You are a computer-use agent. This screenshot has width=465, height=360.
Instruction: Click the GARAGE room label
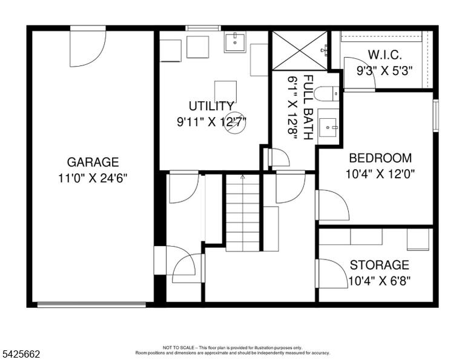[93, 162]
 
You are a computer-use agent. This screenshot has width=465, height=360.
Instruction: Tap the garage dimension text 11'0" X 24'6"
[93, 178]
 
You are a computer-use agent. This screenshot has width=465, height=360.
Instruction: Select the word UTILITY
[211, 106]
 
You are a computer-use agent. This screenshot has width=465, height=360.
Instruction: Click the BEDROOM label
[380, 158]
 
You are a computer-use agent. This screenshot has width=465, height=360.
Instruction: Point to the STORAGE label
[379, 265]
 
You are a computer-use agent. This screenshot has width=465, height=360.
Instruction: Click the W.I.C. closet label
[385, 55]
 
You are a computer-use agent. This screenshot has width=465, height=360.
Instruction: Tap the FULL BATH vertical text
[308, 107]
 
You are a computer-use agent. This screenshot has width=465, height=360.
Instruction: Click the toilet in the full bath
[326, 94]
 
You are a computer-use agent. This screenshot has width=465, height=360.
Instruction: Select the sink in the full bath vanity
[328, 127]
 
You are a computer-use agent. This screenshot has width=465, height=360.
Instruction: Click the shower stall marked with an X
[300, 51]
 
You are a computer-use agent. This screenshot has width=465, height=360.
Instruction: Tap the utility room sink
[235, 42]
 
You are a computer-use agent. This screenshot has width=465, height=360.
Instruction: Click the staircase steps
[243, 213]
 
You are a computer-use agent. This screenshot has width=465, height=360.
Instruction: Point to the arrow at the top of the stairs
[243, 177]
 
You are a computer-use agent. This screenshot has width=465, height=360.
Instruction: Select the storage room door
[332, 273]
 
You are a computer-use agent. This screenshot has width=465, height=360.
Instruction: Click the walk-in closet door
[360, 73]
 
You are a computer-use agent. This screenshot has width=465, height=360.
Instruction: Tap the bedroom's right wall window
[436, 116]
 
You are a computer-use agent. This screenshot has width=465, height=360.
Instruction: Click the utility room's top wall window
[203, 28]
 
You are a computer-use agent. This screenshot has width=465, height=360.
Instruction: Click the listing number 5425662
[21, 354]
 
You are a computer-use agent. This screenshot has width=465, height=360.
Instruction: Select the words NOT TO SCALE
[178, 347]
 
